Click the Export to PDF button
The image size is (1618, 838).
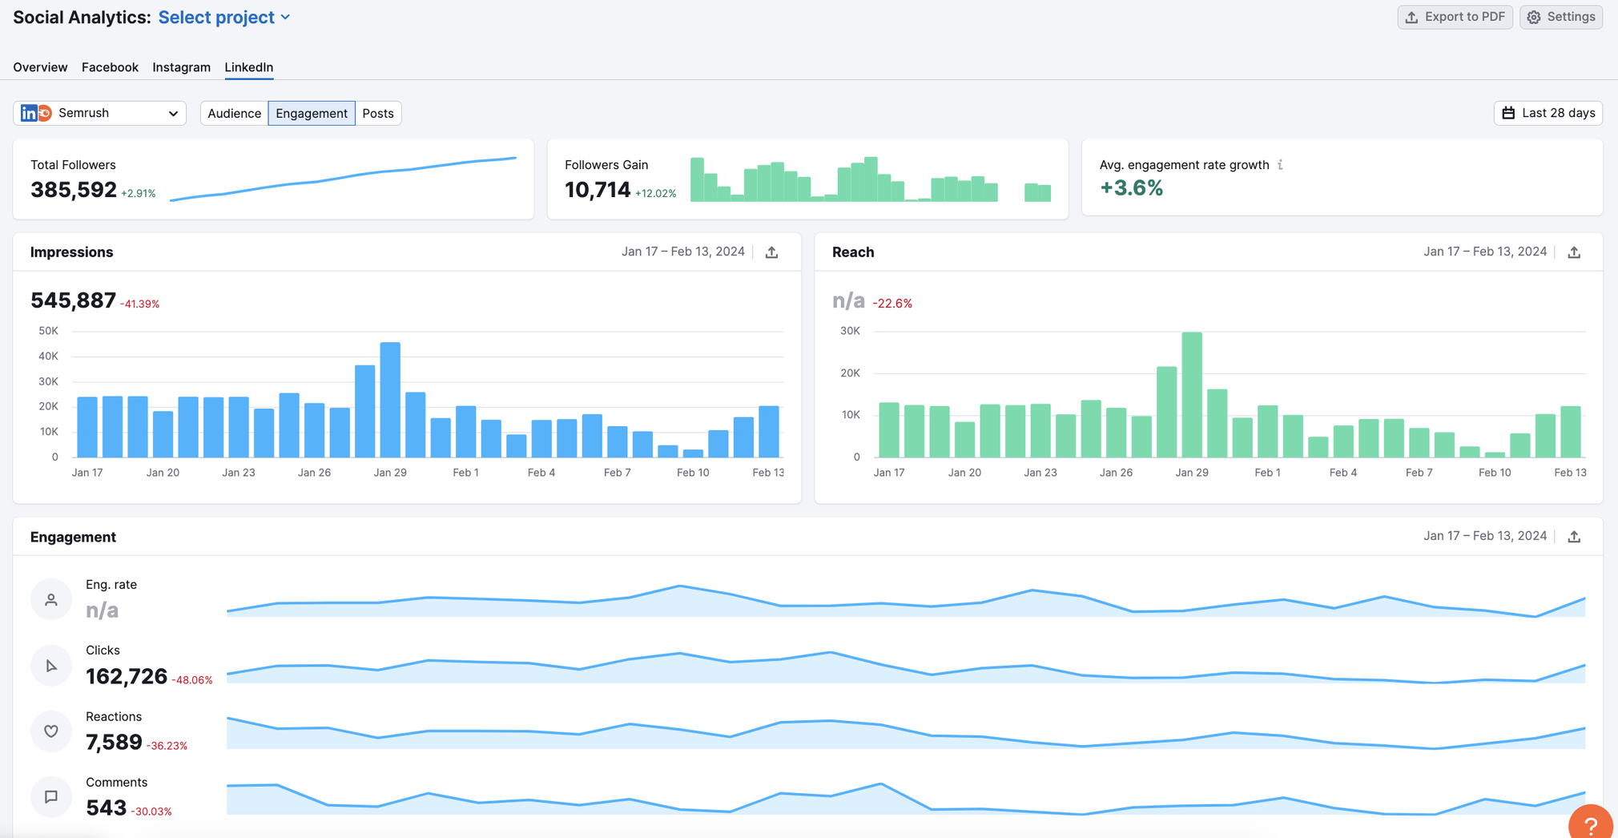click(x=1455, y=17)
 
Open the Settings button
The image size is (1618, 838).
click(x=1561, y=17)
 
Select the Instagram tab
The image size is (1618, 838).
click(x=181, y=67)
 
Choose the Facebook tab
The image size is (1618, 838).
click(x=110, y=67)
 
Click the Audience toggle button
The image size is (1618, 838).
click(x=234, y=113)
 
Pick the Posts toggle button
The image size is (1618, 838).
click(x=378, y=113)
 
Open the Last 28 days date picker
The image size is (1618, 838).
click(x=1548, y=113)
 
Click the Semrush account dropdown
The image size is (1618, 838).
click(x=99, y=113)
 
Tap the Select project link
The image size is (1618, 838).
click(x=223, y=17)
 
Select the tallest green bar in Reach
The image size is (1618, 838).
click(x=1192, y=394)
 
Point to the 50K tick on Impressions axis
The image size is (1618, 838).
click(x=48, y=331)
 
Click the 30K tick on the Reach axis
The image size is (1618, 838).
click(x=850, y=331)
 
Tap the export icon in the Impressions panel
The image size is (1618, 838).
click(x=771, y=252)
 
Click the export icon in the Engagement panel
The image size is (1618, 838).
click(x=1574, y=537)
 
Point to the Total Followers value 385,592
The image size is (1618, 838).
click(x=74, y=190)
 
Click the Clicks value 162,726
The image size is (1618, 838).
click(x=127, y=677)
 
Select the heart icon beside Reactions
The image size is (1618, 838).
click(x=51, y=731)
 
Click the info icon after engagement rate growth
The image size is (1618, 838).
click(x=1280, y=165)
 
